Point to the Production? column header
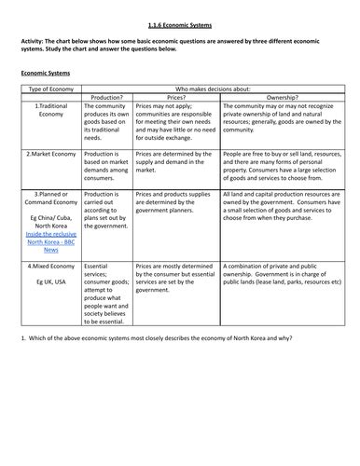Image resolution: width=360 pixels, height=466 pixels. [107, 96]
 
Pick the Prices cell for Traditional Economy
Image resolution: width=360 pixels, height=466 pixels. [176, 122]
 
